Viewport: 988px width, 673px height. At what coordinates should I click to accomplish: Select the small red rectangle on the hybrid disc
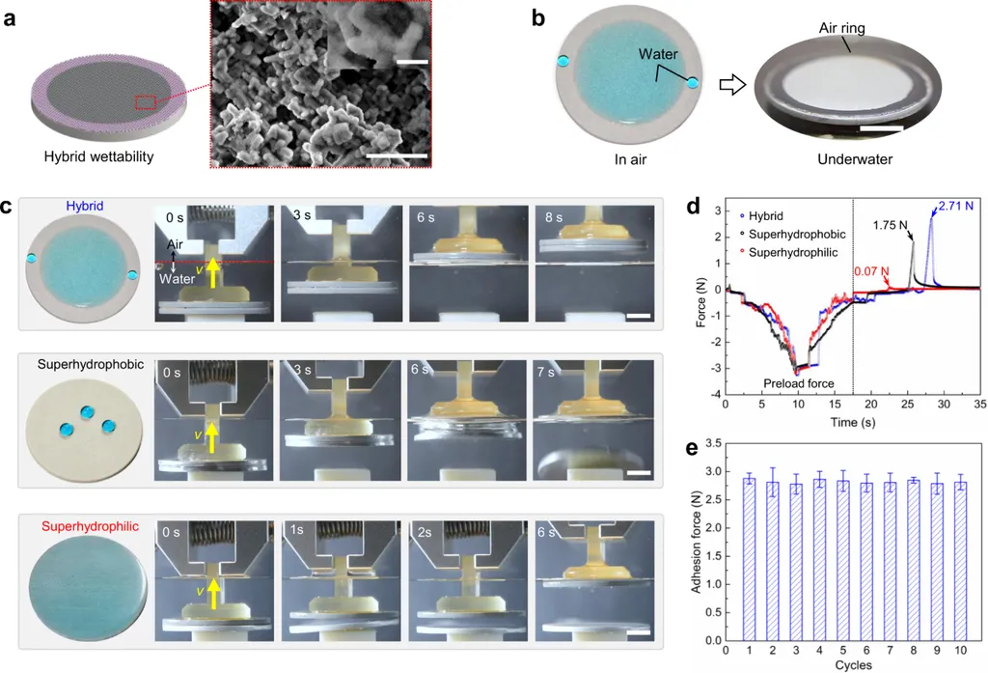pos(146,103)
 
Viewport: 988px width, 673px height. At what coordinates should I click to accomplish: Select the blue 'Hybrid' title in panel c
pos(85,206)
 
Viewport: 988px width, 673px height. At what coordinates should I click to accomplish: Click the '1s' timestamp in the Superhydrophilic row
pos(299,530)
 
